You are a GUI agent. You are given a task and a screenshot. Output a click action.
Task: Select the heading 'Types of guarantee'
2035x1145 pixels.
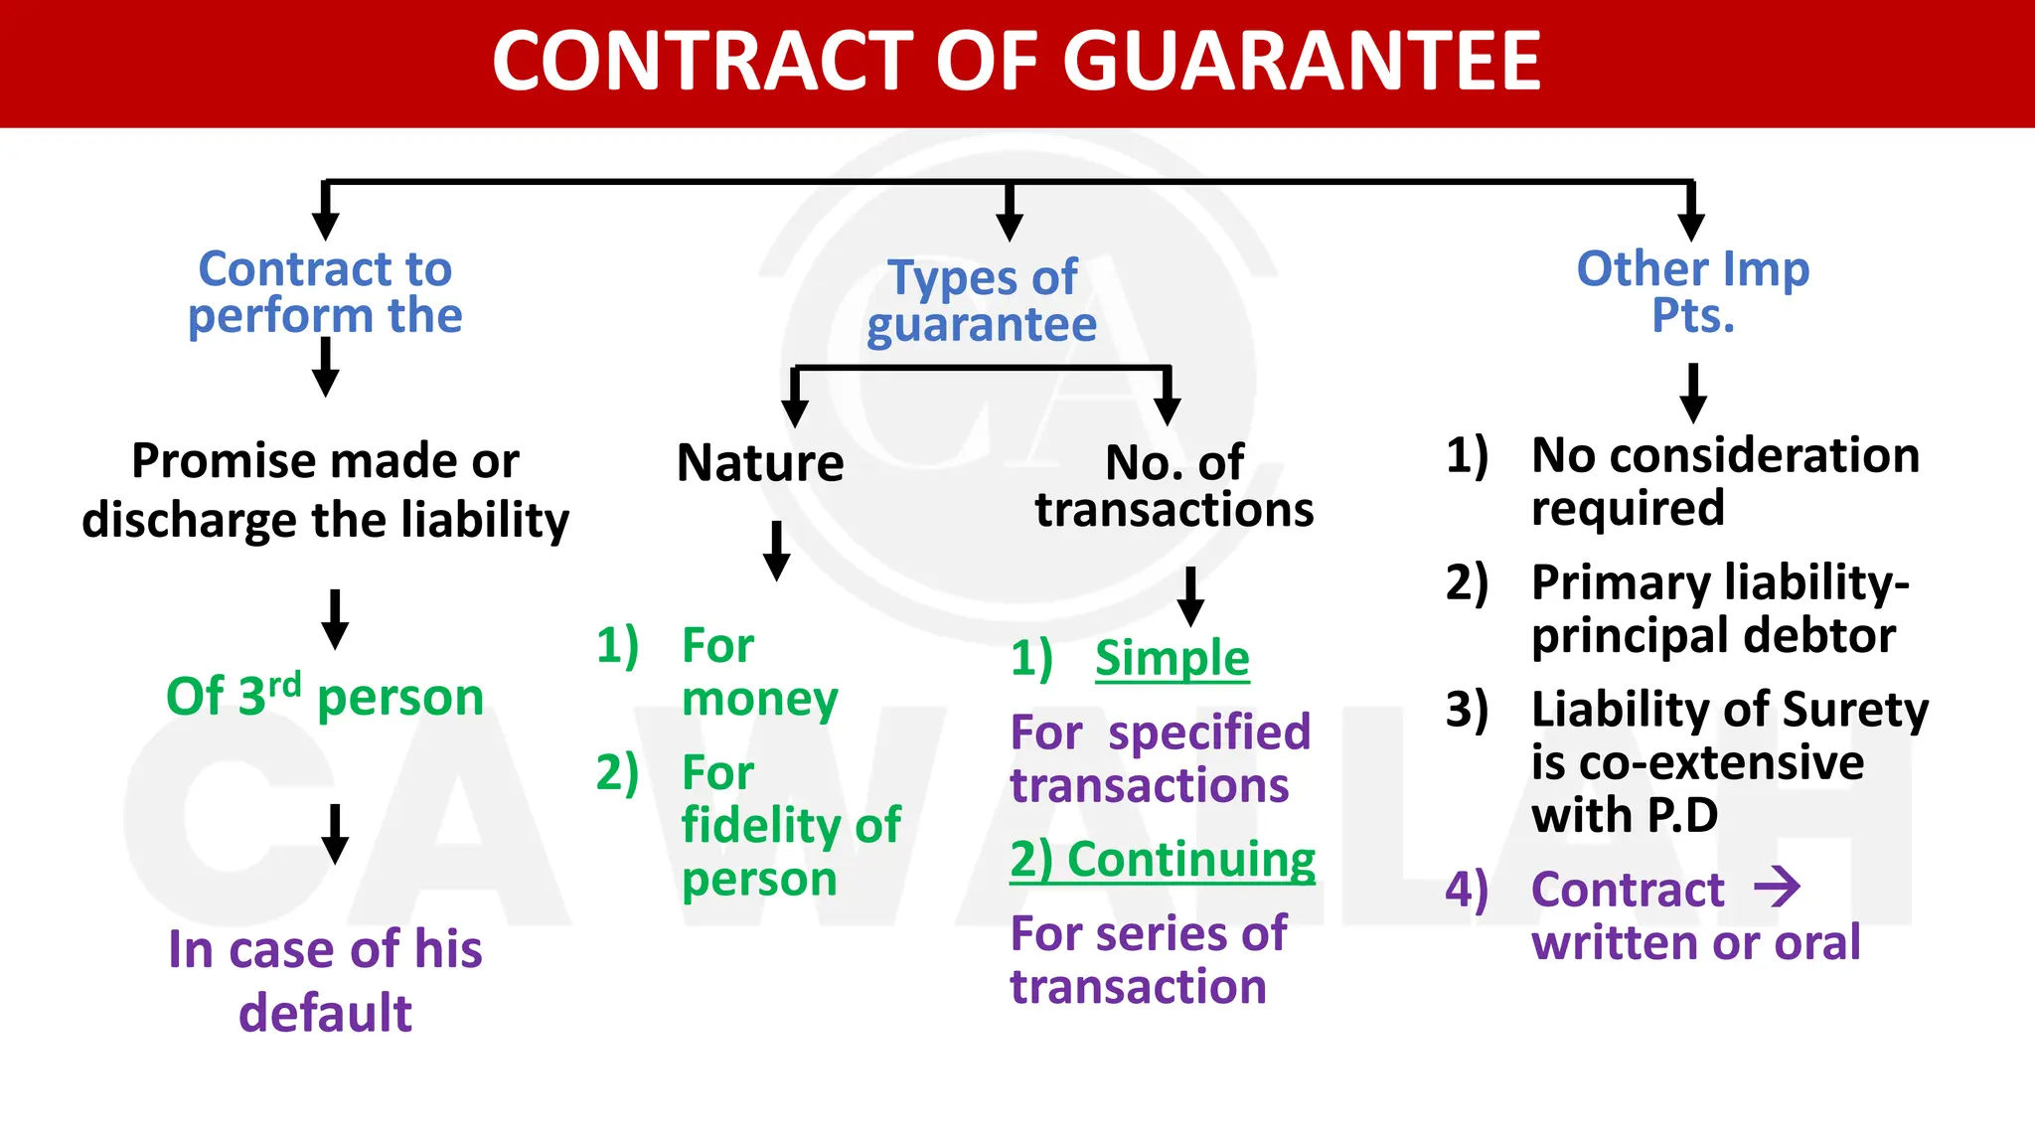click(982, 300)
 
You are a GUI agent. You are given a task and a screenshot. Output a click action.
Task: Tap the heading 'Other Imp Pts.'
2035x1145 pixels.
click(1692, 291)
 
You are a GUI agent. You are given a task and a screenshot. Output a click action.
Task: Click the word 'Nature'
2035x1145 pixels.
click(760, 463)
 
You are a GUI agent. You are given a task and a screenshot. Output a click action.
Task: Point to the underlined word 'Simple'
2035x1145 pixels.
click(1172, 659)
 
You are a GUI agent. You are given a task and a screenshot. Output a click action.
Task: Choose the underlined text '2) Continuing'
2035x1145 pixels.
click(1163, 860)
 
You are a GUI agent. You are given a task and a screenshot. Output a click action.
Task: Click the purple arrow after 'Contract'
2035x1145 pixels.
click(1777, 887)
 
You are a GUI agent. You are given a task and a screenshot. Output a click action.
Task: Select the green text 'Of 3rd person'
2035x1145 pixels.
click(324, 696)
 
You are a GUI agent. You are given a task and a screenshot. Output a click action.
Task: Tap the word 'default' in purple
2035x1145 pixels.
click(325, 1014)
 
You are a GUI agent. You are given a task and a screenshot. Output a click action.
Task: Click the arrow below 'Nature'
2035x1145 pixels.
click(776, 551)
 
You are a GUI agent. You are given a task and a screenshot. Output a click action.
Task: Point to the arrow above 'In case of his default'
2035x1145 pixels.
click(335, 834)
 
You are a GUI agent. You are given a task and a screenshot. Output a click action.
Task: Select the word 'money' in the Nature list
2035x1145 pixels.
click(760, 699)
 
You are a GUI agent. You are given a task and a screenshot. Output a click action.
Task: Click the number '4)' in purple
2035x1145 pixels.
click(1467, 889)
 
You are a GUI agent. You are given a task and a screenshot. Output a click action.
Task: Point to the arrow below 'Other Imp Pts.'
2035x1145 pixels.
click(1692, 393)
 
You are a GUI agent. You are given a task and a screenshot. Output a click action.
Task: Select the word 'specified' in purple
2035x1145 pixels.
click(1209, 734)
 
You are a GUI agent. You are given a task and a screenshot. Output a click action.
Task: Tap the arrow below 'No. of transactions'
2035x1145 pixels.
click(1189, 596)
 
